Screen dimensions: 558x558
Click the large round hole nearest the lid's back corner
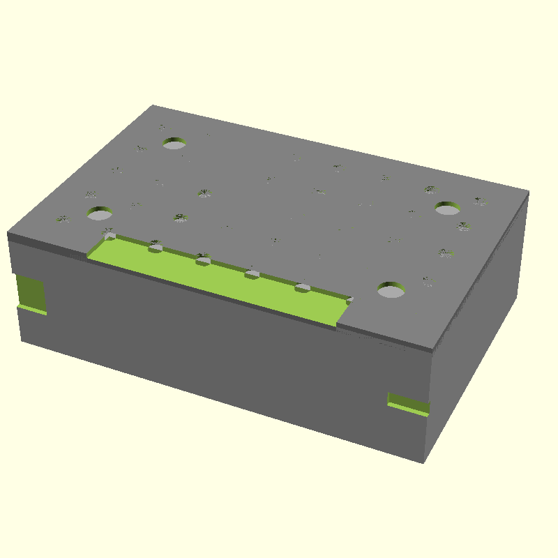coord(174,144)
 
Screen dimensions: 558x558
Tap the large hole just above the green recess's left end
coord(100,213)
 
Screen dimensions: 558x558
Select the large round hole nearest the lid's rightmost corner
coord(447,208)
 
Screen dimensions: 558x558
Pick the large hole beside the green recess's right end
coord(392,289)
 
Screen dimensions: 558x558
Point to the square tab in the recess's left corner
coord(110,236)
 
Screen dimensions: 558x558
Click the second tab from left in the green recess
coord(156,246)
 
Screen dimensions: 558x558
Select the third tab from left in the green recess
coord(203,261)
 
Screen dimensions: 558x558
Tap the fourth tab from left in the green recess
coord(252,274)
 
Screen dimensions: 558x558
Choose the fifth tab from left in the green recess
coord(302,287)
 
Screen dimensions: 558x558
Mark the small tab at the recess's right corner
coord(350,300)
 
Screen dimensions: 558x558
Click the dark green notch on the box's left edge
coord(30,292)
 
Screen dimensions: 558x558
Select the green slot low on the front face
coord(408,403)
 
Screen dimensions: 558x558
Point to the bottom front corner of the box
coord(422,462)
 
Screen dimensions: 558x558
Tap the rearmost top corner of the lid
coord(153,106)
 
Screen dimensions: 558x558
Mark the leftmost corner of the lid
coord(8,233)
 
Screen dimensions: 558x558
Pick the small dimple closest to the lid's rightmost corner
coord(480,201)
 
